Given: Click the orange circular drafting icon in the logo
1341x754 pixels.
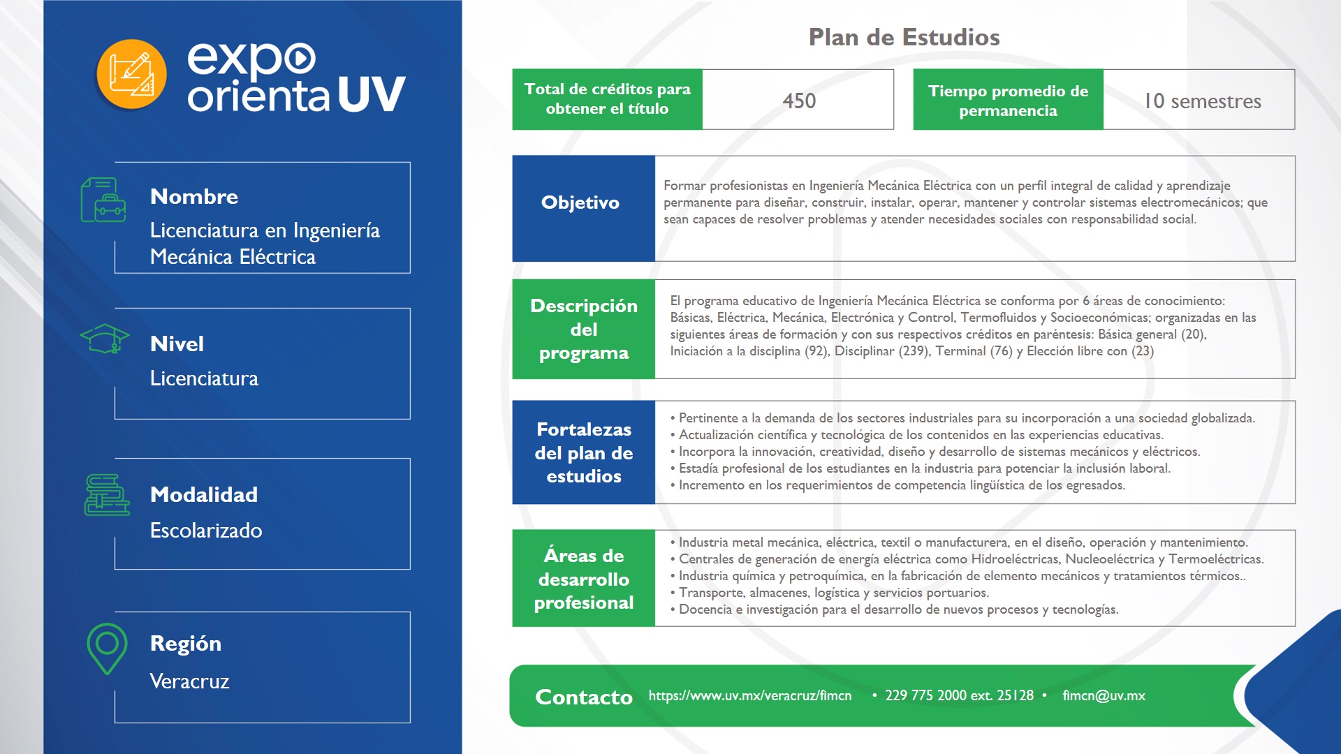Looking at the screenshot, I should [x=131, y=74].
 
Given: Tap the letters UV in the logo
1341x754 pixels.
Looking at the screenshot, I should [x=372, y=94].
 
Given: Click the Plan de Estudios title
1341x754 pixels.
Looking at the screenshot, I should [x=904, y=37].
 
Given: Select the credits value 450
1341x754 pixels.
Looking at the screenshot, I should [x=799, y=101].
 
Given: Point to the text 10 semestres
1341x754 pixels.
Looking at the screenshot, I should [x=1202, y=101].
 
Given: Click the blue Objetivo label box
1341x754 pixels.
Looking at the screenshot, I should [x=583, y=208].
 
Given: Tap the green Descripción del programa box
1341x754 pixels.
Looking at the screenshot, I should [x=583, y=329].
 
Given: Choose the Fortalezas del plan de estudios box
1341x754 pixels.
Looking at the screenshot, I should [x=583, y=452].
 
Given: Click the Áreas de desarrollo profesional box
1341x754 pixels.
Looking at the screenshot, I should [x=583, y=578].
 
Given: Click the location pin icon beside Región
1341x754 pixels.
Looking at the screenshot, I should [x=107, y=647].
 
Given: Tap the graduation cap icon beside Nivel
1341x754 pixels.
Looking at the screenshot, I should [x=105, y=339].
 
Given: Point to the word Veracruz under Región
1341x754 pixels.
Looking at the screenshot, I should [x=189, y=681].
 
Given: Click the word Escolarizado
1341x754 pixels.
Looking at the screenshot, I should [x=206, y=531].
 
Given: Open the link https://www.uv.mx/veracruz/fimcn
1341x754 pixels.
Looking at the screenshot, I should [x=749, y=695].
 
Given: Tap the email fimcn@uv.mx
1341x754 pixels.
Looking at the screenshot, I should [x=1104, y=695].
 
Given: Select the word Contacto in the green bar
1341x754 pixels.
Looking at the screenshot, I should [x=583, y=697].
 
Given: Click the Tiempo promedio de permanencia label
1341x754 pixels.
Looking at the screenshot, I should [x=1008, y=100].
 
